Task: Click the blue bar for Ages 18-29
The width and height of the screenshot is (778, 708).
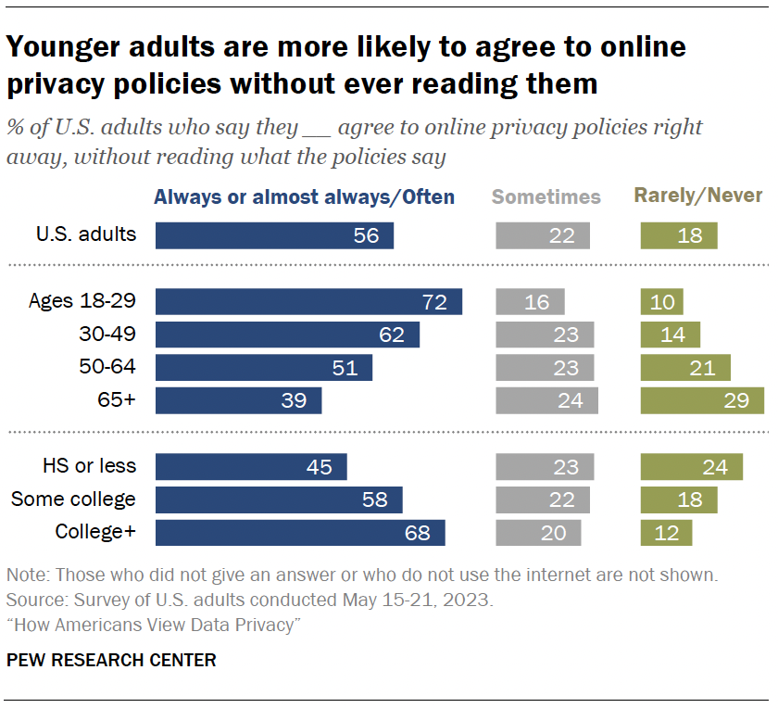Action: pyautogui.click(x=308, y=302)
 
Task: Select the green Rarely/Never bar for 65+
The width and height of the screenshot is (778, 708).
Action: pyautogui.click(x=702, y=400)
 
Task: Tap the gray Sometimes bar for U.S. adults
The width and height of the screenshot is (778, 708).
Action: pyautogui.click(x=543, y=235)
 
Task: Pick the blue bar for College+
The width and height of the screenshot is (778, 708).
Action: pyautogui.click(x=300, y=533)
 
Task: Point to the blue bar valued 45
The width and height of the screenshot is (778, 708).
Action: pyautogui.click(x=251, y=467)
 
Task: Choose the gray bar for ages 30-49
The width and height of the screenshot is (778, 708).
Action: pyautogui.click(x=545, y=335)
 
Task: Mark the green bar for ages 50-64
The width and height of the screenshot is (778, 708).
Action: pyautogui.click(x=685, y=368)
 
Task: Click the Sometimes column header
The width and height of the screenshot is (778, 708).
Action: pyautogui.click(x=546, y=196)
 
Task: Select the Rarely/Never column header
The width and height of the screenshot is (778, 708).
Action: pyautogui.click(x=697, y=196)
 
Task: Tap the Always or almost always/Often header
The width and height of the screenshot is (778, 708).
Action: pyautogui.click(x=304, y=196)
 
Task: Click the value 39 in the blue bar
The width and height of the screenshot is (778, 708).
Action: pyautogui.click(x=295, y=401)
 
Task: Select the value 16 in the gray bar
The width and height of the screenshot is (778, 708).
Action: pyautogui.click(x=535, y=303)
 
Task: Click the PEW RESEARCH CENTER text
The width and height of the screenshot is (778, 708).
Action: pyautogui.click(x=111, y=661)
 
